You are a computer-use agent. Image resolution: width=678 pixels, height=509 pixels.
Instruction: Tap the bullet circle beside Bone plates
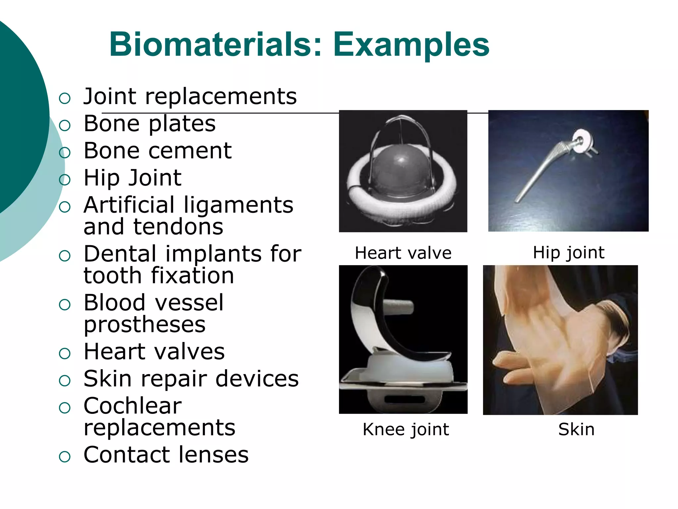(x=65, y=125)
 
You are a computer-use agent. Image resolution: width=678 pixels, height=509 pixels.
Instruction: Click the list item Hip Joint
(x=132, y=178)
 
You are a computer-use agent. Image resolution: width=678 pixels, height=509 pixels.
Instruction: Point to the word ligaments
(x=238, y=205)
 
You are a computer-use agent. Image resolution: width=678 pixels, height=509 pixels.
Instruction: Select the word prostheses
(x=145, y=324)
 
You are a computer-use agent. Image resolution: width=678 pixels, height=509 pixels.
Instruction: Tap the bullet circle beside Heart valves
(x=65, y=353)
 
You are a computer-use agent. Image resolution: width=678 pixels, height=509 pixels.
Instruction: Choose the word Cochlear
(x=132, y=406)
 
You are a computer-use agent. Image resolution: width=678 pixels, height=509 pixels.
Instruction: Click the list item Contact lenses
(x=166, y=455)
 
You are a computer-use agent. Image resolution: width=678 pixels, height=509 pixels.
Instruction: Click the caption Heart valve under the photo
(x=403, y=253)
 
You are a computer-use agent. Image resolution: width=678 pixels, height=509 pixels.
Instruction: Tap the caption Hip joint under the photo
(x=568, y=253)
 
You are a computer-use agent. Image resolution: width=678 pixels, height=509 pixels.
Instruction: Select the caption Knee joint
(x=406, y=429)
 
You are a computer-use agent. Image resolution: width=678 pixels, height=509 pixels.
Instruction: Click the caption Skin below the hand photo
(x=576, y=429)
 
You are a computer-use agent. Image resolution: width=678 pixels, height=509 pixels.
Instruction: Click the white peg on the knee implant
(x=399, y=307)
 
